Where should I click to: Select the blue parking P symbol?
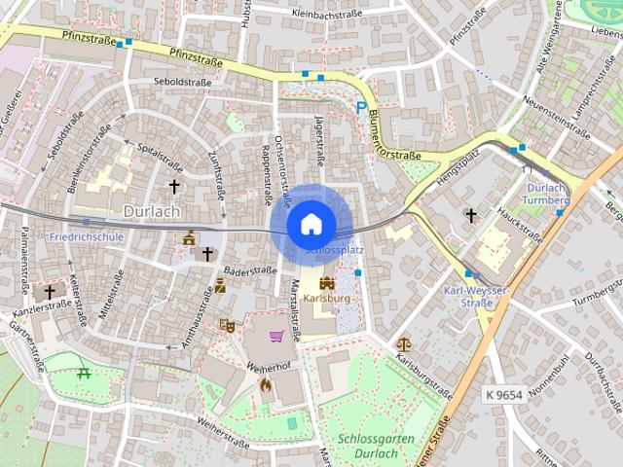click(x=362, y=108)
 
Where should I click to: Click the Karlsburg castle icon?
click(x=327, y=282)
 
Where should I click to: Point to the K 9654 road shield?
click(x=502, y=395)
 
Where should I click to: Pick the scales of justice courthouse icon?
click(x=404, y=343)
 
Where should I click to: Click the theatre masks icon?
click(x=228, y=326)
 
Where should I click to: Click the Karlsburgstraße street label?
click(x=425, y=376)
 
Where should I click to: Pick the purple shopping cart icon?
click(x=277, y=337)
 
